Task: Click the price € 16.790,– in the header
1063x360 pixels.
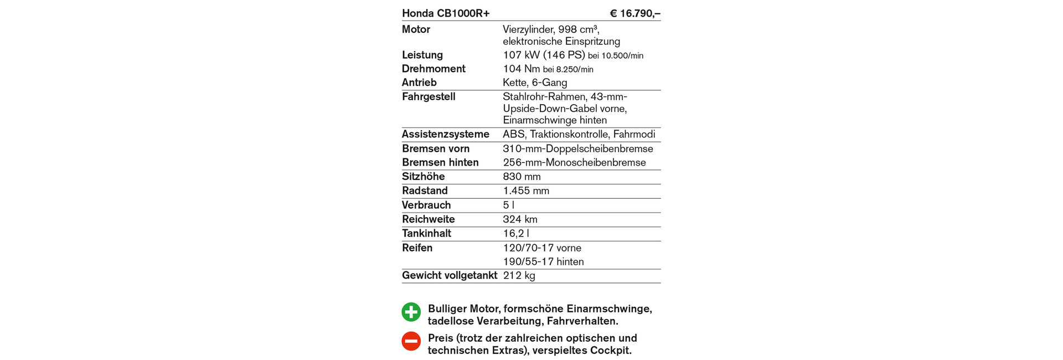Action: pyautogui.click(x=634, y=13)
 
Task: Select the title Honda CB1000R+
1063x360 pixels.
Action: pyautogui.click(x=446, y=13)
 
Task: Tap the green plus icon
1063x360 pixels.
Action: pyautogui.click(x=411, y=312)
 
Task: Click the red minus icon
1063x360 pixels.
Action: pyautogui.click(x=411, y=341)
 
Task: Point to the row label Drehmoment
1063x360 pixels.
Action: pyautogui.click(x=434, y=69)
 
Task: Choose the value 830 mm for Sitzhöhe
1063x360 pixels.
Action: pyautogui.click(x=522, y=177)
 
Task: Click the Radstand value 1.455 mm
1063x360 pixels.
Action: pyautogui.click(x=526, y=191)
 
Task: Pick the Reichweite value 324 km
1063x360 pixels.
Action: pyautogui.click(x=520, y=219)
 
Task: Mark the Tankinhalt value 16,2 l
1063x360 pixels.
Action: pyautogui.click(x=516, y=234)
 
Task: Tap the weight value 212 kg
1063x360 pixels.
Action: pyautogui.click(x=519, y=276)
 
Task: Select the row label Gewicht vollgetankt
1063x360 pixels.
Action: pyautogui.click(x=450, y=275)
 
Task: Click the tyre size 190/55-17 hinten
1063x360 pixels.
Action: pyautogui.click(x=543, y=261)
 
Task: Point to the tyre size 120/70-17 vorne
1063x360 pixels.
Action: pyautogui.click(x=542, y=248)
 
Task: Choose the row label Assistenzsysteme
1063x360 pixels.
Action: pyautogui.click(x=446, y=134)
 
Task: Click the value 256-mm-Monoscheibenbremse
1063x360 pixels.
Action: pyautogui.click(x=574, y=162)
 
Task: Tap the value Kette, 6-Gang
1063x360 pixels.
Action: pyautogui.click(x=535, y=83)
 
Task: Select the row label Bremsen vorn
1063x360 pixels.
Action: pyautogui.click(x=436, y=148)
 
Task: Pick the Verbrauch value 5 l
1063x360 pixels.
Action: pyautogui.click(x=508, y=205)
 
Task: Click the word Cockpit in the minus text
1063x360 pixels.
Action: pyautogui.click(x=611, y=350)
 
